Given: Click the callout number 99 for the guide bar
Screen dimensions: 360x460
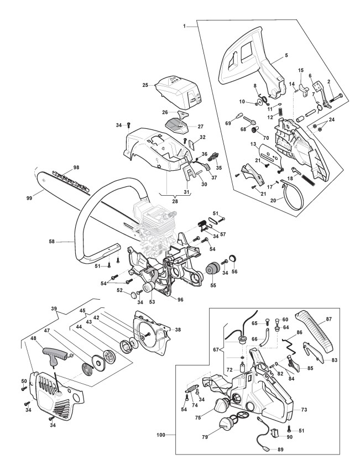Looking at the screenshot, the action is (29, 198).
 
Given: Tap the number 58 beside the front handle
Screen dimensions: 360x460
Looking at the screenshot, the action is (52, 242).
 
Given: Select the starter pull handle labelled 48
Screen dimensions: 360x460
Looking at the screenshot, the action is (56, 355).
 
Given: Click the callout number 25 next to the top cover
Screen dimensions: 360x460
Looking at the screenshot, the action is (145, 85).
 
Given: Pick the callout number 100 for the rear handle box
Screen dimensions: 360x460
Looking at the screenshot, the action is (161, 435).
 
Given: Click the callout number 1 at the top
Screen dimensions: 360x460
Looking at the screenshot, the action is (184, 26).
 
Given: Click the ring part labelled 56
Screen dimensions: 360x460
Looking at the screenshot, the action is (233, 259).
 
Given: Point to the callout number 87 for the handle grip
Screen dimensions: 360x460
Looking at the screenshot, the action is (328, 319).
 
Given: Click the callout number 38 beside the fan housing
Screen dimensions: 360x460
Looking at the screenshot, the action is (178, 330).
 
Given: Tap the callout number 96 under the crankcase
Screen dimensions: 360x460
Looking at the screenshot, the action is (180, 300).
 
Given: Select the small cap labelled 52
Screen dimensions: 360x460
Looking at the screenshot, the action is (133, 294).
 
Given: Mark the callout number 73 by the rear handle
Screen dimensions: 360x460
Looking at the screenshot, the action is (304, 409).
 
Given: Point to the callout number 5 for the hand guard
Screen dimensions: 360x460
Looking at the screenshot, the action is (286, 55).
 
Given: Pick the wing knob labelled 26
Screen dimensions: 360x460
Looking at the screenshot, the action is (184, 113).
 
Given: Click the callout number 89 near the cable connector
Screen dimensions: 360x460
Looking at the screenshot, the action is (280, 449).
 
